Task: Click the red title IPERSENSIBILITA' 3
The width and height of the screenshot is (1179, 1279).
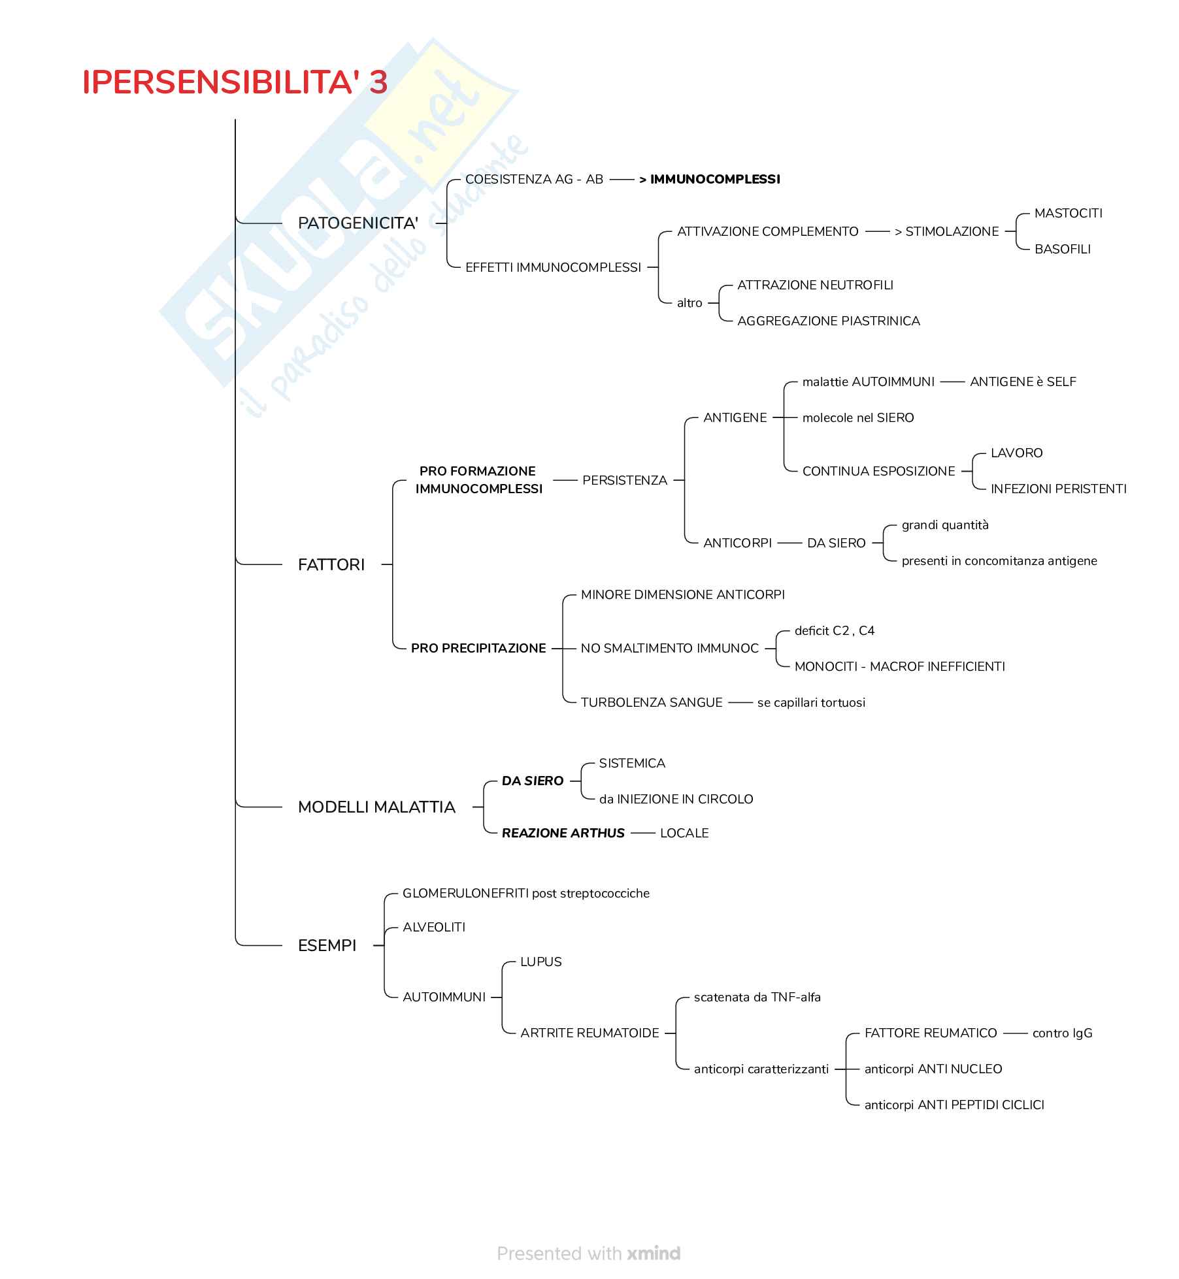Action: point(235,83)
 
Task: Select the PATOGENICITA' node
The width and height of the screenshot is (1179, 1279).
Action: point(357,223)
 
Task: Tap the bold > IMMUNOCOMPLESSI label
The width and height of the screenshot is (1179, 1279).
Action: point(710,180)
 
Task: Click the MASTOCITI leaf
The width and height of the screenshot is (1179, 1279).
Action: point(1068,214)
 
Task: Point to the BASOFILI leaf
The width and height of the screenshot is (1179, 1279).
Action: point(1062,250)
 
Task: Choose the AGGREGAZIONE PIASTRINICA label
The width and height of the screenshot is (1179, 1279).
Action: point(828,321)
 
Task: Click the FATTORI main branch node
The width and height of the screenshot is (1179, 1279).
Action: point(331,565)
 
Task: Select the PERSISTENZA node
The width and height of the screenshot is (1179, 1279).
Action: point(624,481)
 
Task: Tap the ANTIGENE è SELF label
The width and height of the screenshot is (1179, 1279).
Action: point(1023,382)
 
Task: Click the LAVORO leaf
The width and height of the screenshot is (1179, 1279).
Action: point(1016,453)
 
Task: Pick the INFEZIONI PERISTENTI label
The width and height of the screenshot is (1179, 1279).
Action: point(1058,489)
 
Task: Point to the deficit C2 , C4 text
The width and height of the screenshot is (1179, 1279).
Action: point(834,631)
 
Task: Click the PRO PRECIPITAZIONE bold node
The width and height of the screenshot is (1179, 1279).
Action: point(478,649)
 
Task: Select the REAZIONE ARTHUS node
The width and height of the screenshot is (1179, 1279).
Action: point(563,834)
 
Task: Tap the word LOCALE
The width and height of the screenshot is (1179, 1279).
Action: point(684,834)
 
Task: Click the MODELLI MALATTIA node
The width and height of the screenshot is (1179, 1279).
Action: point(376,807)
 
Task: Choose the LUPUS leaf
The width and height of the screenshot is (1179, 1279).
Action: point(540,962)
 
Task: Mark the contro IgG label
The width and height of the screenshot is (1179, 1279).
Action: point(1062,1033)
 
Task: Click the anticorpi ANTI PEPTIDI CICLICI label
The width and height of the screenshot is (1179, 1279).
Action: point(954,1105)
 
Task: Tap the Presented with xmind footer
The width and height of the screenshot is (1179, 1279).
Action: point(588,1254)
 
